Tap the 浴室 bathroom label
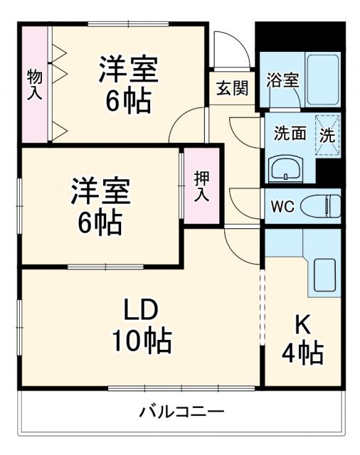(x=282, y=80)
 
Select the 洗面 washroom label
(x=290, y=134)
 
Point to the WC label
(x=282, y=208)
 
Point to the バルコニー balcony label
(x=181, y=412)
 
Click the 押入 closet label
(x=201, y=186)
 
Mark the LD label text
(x=140, y=311)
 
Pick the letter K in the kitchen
(x=302, y=323)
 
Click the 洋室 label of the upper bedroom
(x=128, y=69)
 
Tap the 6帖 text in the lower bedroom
(x=100, y=223)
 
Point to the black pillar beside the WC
(x=328, y=170)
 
